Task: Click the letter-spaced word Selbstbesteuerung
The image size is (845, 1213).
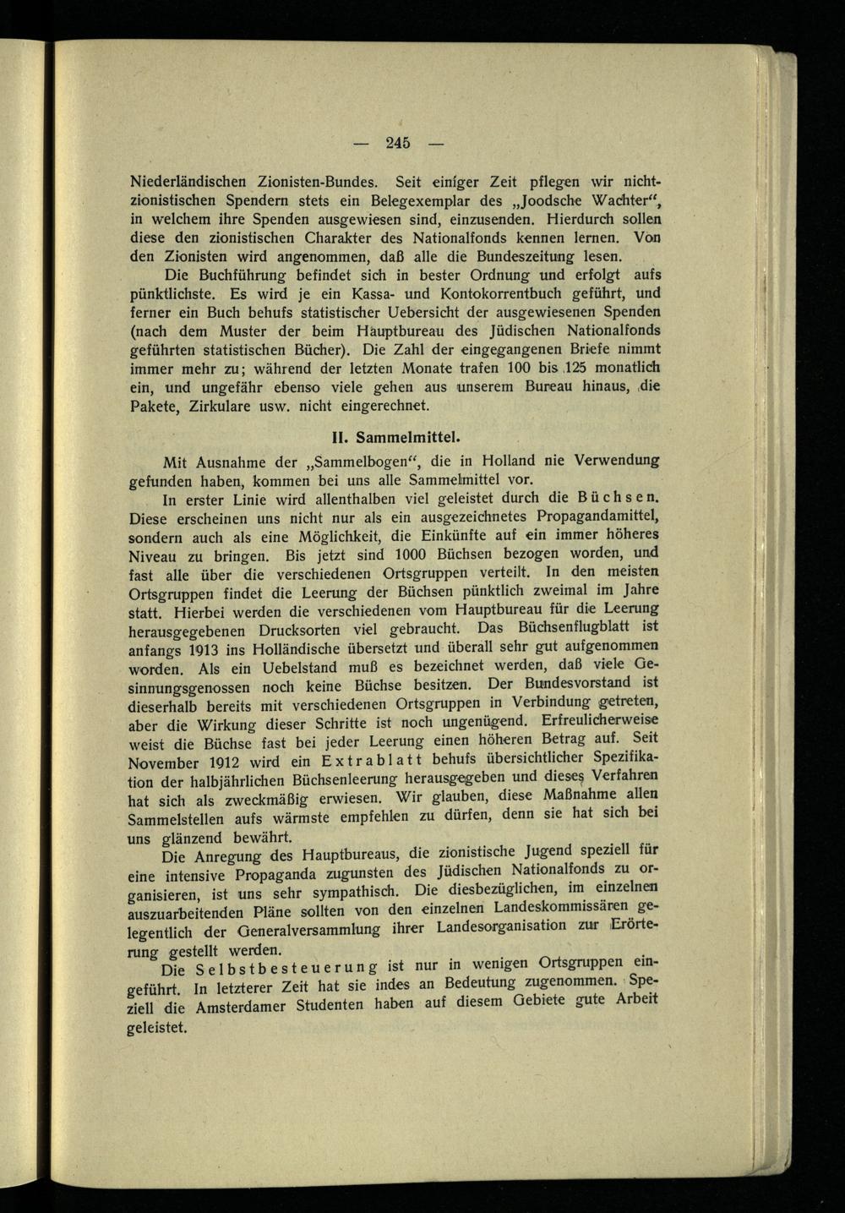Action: coord(286,968)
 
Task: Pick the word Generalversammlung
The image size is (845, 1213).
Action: coord(304,931)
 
